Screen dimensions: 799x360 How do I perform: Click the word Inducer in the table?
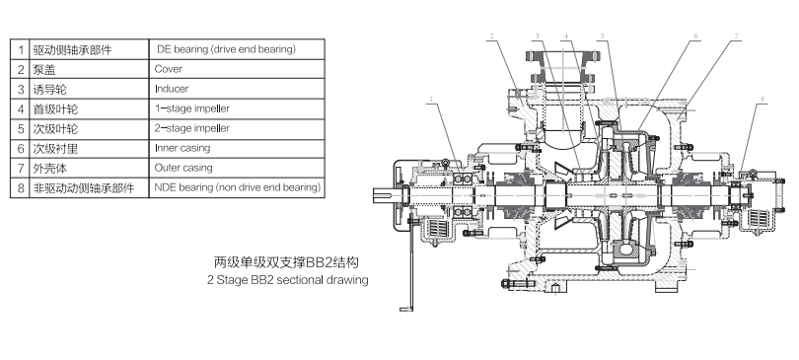click(x=172, y=89)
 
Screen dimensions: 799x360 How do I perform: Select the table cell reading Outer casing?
click(x=237, y=168)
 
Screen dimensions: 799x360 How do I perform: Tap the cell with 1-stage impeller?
click(x=237, y=108)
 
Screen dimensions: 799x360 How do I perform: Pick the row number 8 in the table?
click(x=21, y=188)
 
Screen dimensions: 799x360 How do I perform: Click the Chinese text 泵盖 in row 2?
click(x=44, y=70)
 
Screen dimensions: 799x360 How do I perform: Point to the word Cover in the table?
click(x=168, y=69)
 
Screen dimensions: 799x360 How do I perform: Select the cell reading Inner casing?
click(x=237, y=149)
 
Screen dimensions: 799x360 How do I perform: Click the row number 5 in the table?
click(x=21, y=129)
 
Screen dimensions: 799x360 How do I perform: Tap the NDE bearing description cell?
click(x=237, y=188)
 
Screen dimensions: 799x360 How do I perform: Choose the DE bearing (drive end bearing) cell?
click(x=237, y=49)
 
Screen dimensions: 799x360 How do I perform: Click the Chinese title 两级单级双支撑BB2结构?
click(x=286, y=262)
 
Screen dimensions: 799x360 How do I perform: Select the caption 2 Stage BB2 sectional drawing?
click(x=287, y=279)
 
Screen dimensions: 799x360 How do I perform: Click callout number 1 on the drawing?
click(x=431, y=100)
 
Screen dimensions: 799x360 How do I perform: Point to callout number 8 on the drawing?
click(x=763, y=99)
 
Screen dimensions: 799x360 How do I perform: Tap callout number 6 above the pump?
click(x=695, y=36)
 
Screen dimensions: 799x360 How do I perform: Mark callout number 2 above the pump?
click(x=492, y=36)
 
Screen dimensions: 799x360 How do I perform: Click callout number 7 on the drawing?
click(x=736, y=36)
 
